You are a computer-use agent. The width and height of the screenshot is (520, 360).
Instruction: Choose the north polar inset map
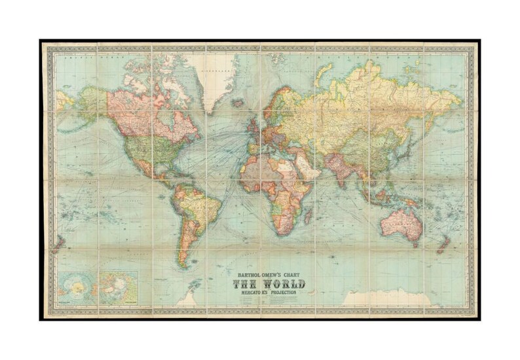[119, 288]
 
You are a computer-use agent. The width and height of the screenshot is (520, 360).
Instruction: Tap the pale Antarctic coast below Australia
[386, 298]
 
